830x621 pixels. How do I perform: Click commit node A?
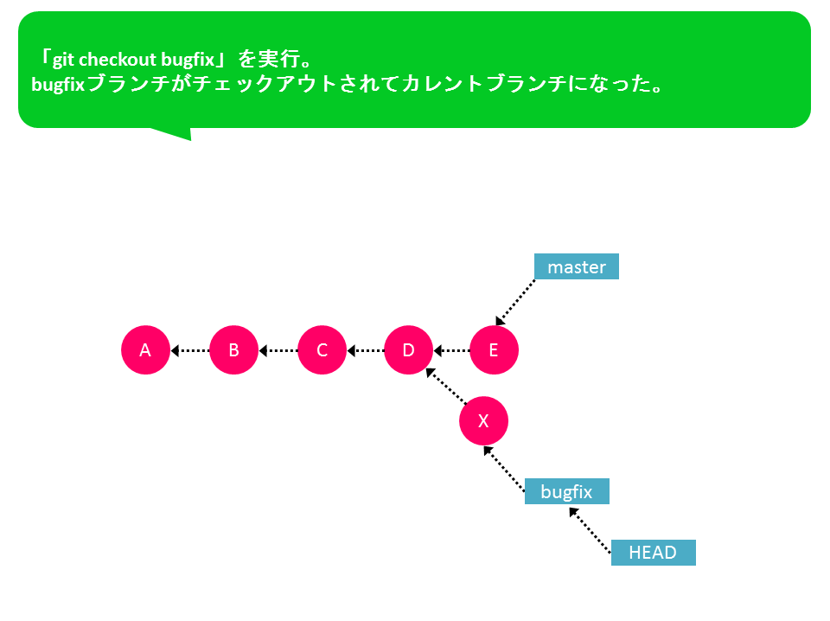[145, 350]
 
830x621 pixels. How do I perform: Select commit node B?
[234, 350]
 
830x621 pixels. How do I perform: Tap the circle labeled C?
[322, 350]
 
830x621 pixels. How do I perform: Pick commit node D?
[409, 350]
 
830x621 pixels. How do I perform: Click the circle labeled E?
[494, 350]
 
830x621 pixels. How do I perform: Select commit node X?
[484, 421]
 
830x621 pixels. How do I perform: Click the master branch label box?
[577, 266]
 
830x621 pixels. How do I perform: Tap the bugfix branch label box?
[567, 491]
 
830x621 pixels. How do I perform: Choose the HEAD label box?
[654, 553]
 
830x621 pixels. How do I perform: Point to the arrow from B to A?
[190, 350]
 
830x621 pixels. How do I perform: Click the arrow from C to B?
[278, 350]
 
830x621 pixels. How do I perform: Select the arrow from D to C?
[365, 350]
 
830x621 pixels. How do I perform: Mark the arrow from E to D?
[451, 350]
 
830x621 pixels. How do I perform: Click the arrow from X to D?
[446, 386]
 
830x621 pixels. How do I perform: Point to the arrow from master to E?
[515, 302]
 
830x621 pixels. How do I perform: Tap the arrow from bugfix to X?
[504, 469]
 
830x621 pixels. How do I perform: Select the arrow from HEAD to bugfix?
[591, 530]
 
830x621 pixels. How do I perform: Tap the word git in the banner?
[63, 60]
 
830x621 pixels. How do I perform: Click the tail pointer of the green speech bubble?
[177, 132]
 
